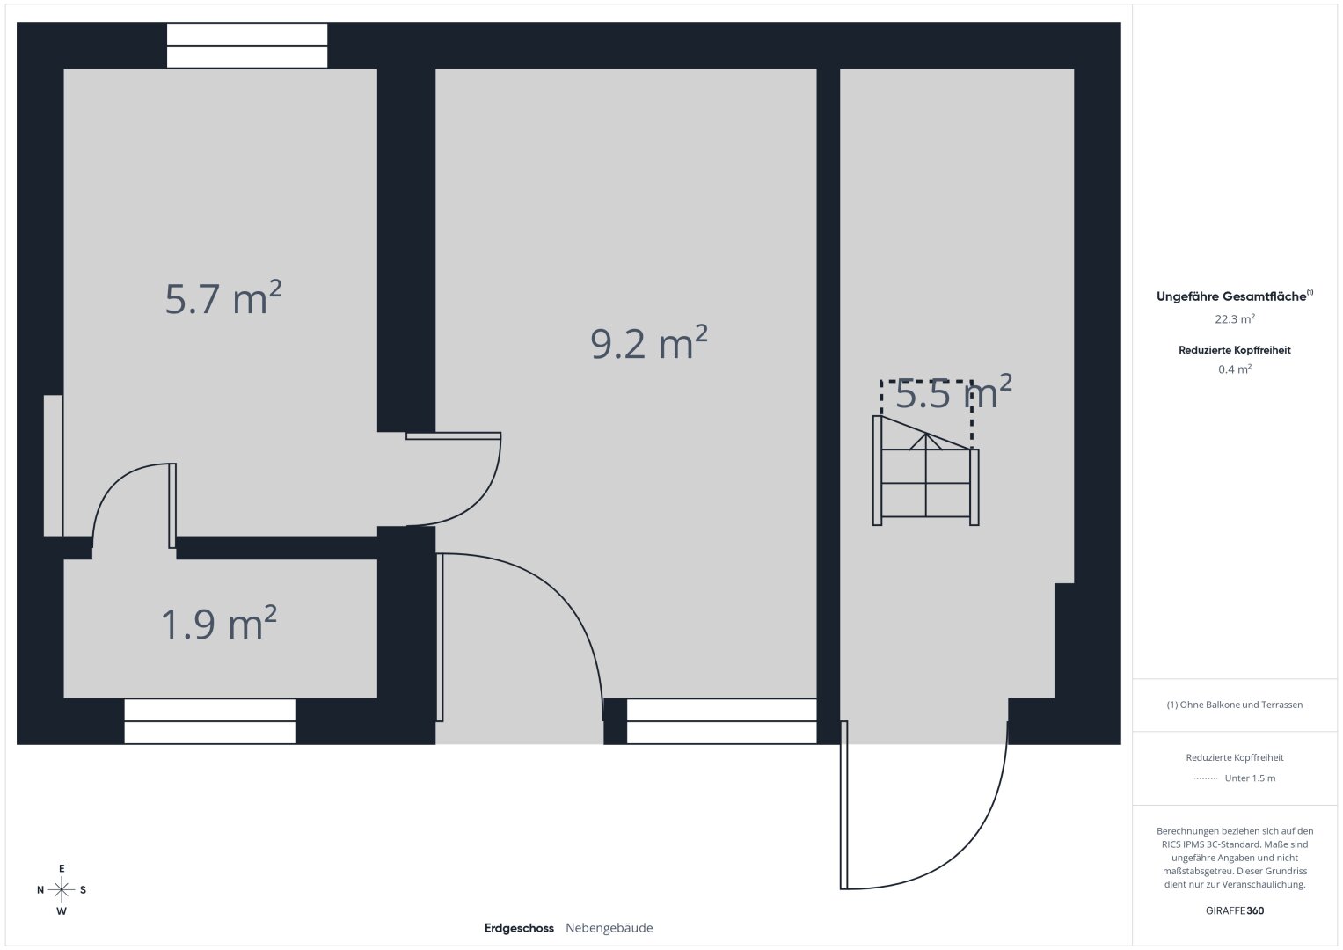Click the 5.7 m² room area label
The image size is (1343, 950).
click(x=223, y=297)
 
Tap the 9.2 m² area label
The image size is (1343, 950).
click(x=649, y=342)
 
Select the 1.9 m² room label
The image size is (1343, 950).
click(x=219, y=623)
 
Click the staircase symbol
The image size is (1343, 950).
click(x=926, y=471)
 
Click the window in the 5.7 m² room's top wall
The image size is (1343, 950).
click(x=247, y=46)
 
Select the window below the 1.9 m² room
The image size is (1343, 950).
click(x=210, y=721)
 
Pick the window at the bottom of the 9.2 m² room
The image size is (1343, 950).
click(x=722, y=721)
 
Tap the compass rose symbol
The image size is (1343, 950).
click(x=62, y=889)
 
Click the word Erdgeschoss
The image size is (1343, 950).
click(x=519, y=928)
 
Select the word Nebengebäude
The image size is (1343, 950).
click(x=609, y=928)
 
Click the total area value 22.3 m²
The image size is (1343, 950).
click(x=1235, y=318)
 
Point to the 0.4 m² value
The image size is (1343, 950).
click(x=1235, y=369)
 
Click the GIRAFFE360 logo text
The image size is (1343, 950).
click(x=1235, y=910)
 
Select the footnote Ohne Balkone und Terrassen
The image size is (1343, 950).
click(x=1235, y=705)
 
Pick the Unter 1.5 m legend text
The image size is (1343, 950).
click(x=1250, y=778)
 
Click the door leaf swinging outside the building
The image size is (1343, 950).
click(x=843, y=805)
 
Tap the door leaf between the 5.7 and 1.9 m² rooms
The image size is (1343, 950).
click(x=172, y=506)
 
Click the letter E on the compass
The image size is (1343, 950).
click(x=62, y=868)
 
